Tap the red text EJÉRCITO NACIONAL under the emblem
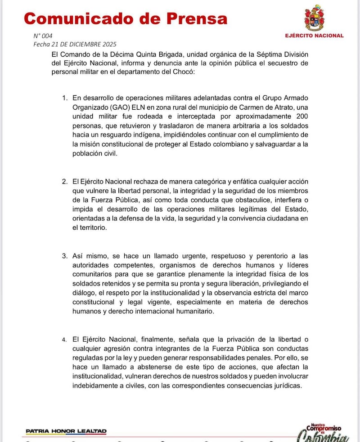click(x=314, y=36)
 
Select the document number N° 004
click(x=43, y=36)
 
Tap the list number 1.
click(x=65, y=98)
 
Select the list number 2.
click(x=65, y=182)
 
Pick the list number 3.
click(x=65, y=256)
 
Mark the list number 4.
click(x=65, y=339)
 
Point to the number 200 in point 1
click(x=302, y=116)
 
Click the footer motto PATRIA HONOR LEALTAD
click(x=66, y=431)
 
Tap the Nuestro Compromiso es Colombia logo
click(x=323, y=433)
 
